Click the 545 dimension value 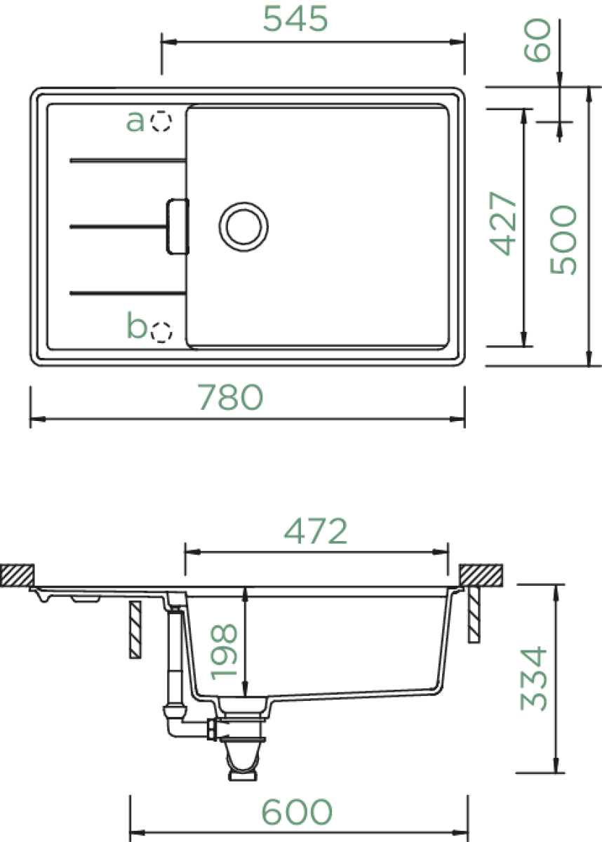pyautogui.click(x=295, y=19)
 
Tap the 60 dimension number pyautogui.click(x=537, y=40)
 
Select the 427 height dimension pyautogui.click(x=503, y=224)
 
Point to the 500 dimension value pyautogui.click(x=563, y=240)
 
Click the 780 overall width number pyautogui.click(x=230, y=397)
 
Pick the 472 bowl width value pyautogui.click(x=316, y=531)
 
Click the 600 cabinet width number pyautogui.click(x=297, y=812)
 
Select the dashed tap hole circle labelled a pyautogui.click(x=161, y=121)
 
